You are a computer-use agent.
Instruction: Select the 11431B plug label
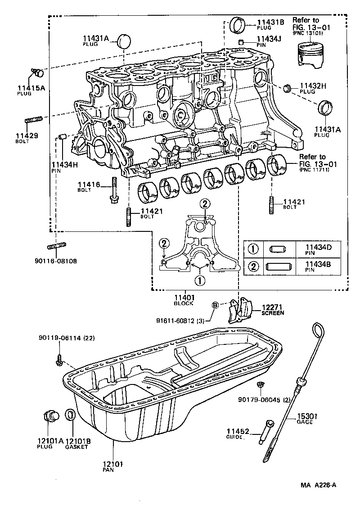(x=270, y=22)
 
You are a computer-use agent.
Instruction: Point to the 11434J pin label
(x=269, y=39)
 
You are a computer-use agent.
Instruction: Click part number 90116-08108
(x=58, y=261)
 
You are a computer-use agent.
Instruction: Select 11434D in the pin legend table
(x=318, y=247)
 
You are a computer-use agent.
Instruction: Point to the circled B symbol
(x=215, y=306)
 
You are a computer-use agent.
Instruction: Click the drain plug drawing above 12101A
(x=51, y=416)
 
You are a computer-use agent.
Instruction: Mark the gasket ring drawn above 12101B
(x=71, y=415)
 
